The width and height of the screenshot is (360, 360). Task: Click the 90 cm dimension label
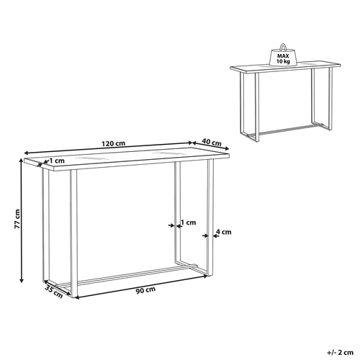coord(145,289)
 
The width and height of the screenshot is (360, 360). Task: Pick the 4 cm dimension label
coord(225,232)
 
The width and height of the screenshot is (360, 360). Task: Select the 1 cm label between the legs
coord(188,222)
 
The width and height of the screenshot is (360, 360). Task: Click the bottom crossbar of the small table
coord(289,130)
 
